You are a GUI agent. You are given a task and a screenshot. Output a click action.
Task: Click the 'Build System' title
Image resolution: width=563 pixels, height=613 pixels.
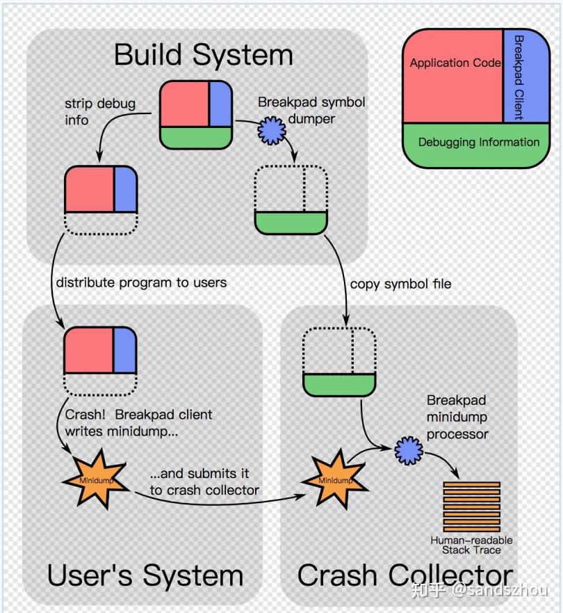[x=203, y=54]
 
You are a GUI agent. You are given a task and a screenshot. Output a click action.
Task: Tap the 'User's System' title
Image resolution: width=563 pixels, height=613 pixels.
[x=145, y=575]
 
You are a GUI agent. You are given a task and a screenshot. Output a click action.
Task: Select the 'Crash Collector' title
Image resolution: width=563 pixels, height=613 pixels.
[x=405, y=575]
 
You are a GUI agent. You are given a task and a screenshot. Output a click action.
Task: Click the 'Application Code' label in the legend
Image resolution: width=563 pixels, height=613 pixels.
[x=455, y=63]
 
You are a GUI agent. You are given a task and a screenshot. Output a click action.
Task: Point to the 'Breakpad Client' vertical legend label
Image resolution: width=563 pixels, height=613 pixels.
[x=519, y=77]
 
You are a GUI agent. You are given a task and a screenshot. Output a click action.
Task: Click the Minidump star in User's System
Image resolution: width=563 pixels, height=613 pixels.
[x=96, y=479]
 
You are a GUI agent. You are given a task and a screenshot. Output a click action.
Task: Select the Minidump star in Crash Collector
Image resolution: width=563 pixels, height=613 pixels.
[x=335, y=479]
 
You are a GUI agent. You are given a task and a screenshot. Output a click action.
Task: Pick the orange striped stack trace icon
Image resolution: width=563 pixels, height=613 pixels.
[x=471, y=506]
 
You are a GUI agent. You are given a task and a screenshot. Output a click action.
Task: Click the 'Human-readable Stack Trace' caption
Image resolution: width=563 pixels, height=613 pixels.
[x=471, y=545]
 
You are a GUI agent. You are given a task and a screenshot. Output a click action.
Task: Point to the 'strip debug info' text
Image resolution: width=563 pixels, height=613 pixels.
[x=90, y=111]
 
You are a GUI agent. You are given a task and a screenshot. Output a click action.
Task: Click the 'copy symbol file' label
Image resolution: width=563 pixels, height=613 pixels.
[x=400, y=284]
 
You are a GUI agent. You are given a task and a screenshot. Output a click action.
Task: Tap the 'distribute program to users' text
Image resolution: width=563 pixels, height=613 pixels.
[x=141, y=283]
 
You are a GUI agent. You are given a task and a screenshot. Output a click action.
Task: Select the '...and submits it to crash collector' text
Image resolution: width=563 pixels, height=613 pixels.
[x=204, y=481]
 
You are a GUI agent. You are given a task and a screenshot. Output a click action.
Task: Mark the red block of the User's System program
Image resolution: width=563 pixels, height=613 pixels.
[x=89, y=350]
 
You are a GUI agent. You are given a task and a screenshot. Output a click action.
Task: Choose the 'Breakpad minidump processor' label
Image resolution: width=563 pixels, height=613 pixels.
[x=457, y=417]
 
